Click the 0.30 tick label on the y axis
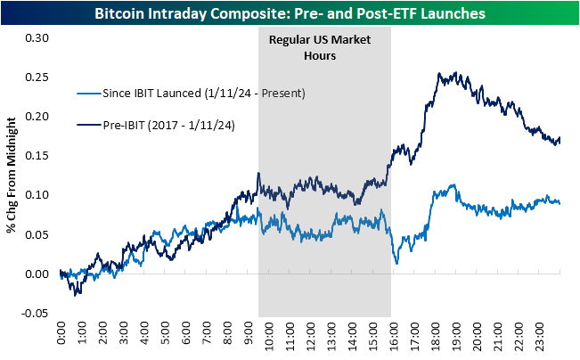(x=34, y=37)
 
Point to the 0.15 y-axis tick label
(x=34, y=156)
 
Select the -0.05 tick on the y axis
(x=32, y=313)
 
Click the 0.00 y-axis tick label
(x=34, y=274)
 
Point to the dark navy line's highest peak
(x=455, y=73)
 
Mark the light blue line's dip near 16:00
(x=396, y=263)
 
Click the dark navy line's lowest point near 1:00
(x=78, y=295)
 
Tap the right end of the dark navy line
(x=560, y=139)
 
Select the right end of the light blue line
(x=560, y=202)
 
